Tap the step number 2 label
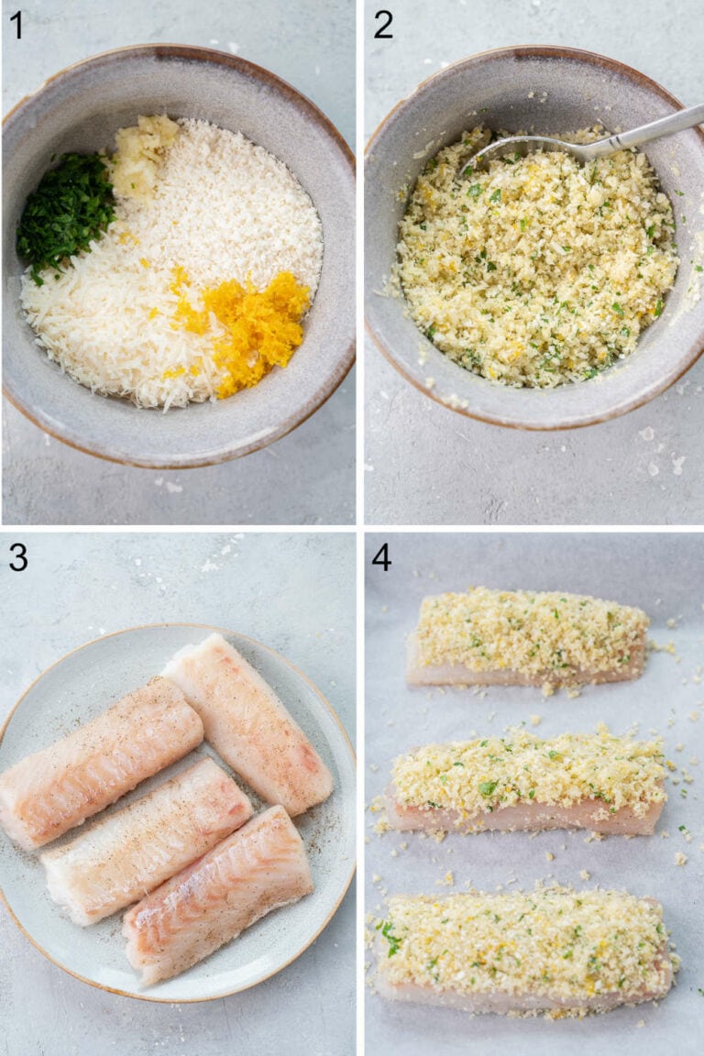tap(383, 25)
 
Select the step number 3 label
tap(17, 557)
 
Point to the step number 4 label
tap(381, 557)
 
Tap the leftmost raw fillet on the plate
tap(101, 761)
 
